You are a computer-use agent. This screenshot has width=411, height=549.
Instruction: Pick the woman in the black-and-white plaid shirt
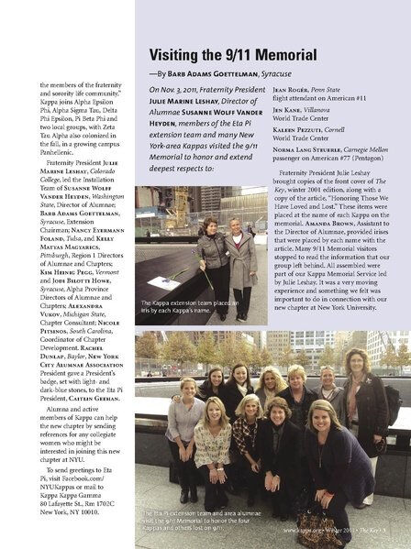pyautogui.click(x=246, y=445)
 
